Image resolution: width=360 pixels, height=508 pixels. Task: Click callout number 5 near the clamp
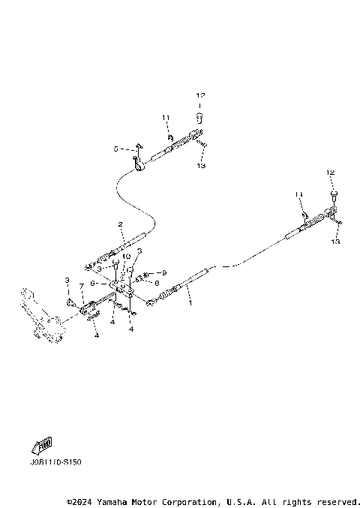(116, 149)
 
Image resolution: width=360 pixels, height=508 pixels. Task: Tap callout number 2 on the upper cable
(119, 224)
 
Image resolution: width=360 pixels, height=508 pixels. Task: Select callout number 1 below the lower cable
(190, 304)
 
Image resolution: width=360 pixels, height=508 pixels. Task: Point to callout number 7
(82, 286)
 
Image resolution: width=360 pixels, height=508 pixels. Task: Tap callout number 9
(163, 272)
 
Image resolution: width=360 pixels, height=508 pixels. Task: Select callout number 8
(157, 283)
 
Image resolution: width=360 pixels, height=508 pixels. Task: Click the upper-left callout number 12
(199, 95)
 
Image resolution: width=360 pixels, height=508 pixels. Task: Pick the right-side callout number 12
(331, 173)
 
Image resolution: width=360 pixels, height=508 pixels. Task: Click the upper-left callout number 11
(165, 119)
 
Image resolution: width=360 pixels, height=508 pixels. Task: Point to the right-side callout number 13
(335, 242)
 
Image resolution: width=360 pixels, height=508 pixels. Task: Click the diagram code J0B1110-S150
(57, 462)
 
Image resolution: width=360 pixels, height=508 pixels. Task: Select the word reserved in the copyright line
(338, 501)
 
